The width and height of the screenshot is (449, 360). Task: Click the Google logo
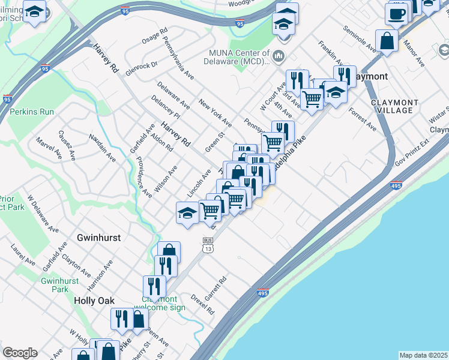tap(20, 353)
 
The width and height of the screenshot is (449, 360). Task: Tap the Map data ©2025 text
tap(423, 355)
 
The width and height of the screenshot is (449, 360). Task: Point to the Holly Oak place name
tap(94, 300)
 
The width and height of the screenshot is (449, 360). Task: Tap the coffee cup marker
tap(396, 13)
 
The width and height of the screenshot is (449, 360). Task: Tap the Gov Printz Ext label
tap(413, 154)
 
